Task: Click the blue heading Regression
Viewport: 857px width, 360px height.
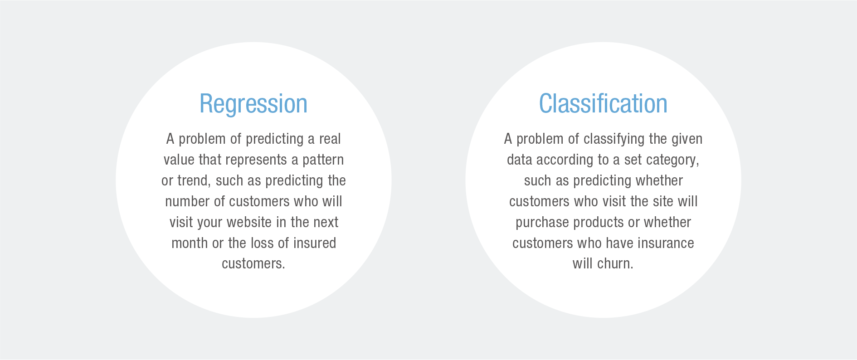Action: pos(253,104)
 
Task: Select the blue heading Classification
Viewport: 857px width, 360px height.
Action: pos(603,103)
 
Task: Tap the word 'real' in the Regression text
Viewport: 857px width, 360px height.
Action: pos(330,139)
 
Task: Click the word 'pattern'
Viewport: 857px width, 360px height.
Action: pos(323,160)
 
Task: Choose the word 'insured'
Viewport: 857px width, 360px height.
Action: pos(314,243)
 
